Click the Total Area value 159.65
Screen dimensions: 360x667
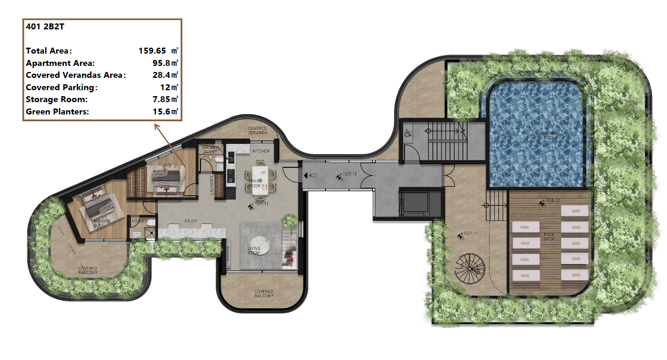[x=152, y=51]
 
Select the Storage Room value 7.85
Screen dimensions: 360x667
[x=161, y=99]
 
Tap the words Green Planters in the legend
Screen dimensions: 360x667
[x=57, y=111]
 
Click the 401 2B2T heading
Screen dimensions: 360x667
[x=45, y=26]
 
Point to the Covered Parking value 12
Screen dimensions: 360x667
[x=165, y=87]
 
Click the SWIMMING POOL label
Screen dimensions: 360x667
[x=550, y=135]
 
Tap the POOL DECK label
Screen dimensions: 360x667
[x=549, y=237]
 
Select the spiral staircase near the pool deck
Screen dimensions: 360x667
[x=470, y=269]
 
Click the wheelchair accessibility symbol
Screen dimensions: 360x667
[x=408, y=134]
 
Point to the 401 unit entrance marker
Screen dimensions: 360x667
[x=311, y=175]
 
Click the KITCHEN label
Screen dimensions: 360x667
[x=261, y=151]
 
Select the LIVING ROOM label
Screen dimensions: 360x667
[x=254, y=251]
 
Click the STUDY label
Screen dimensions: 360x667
[x=191, y=221]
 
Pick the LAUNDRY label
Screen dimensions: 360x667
[x=211, y=185]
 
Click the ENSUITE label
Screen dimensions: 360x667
[x=140, y=221]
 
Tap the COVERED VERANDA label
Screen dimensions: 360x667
[x=257, y=131]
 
